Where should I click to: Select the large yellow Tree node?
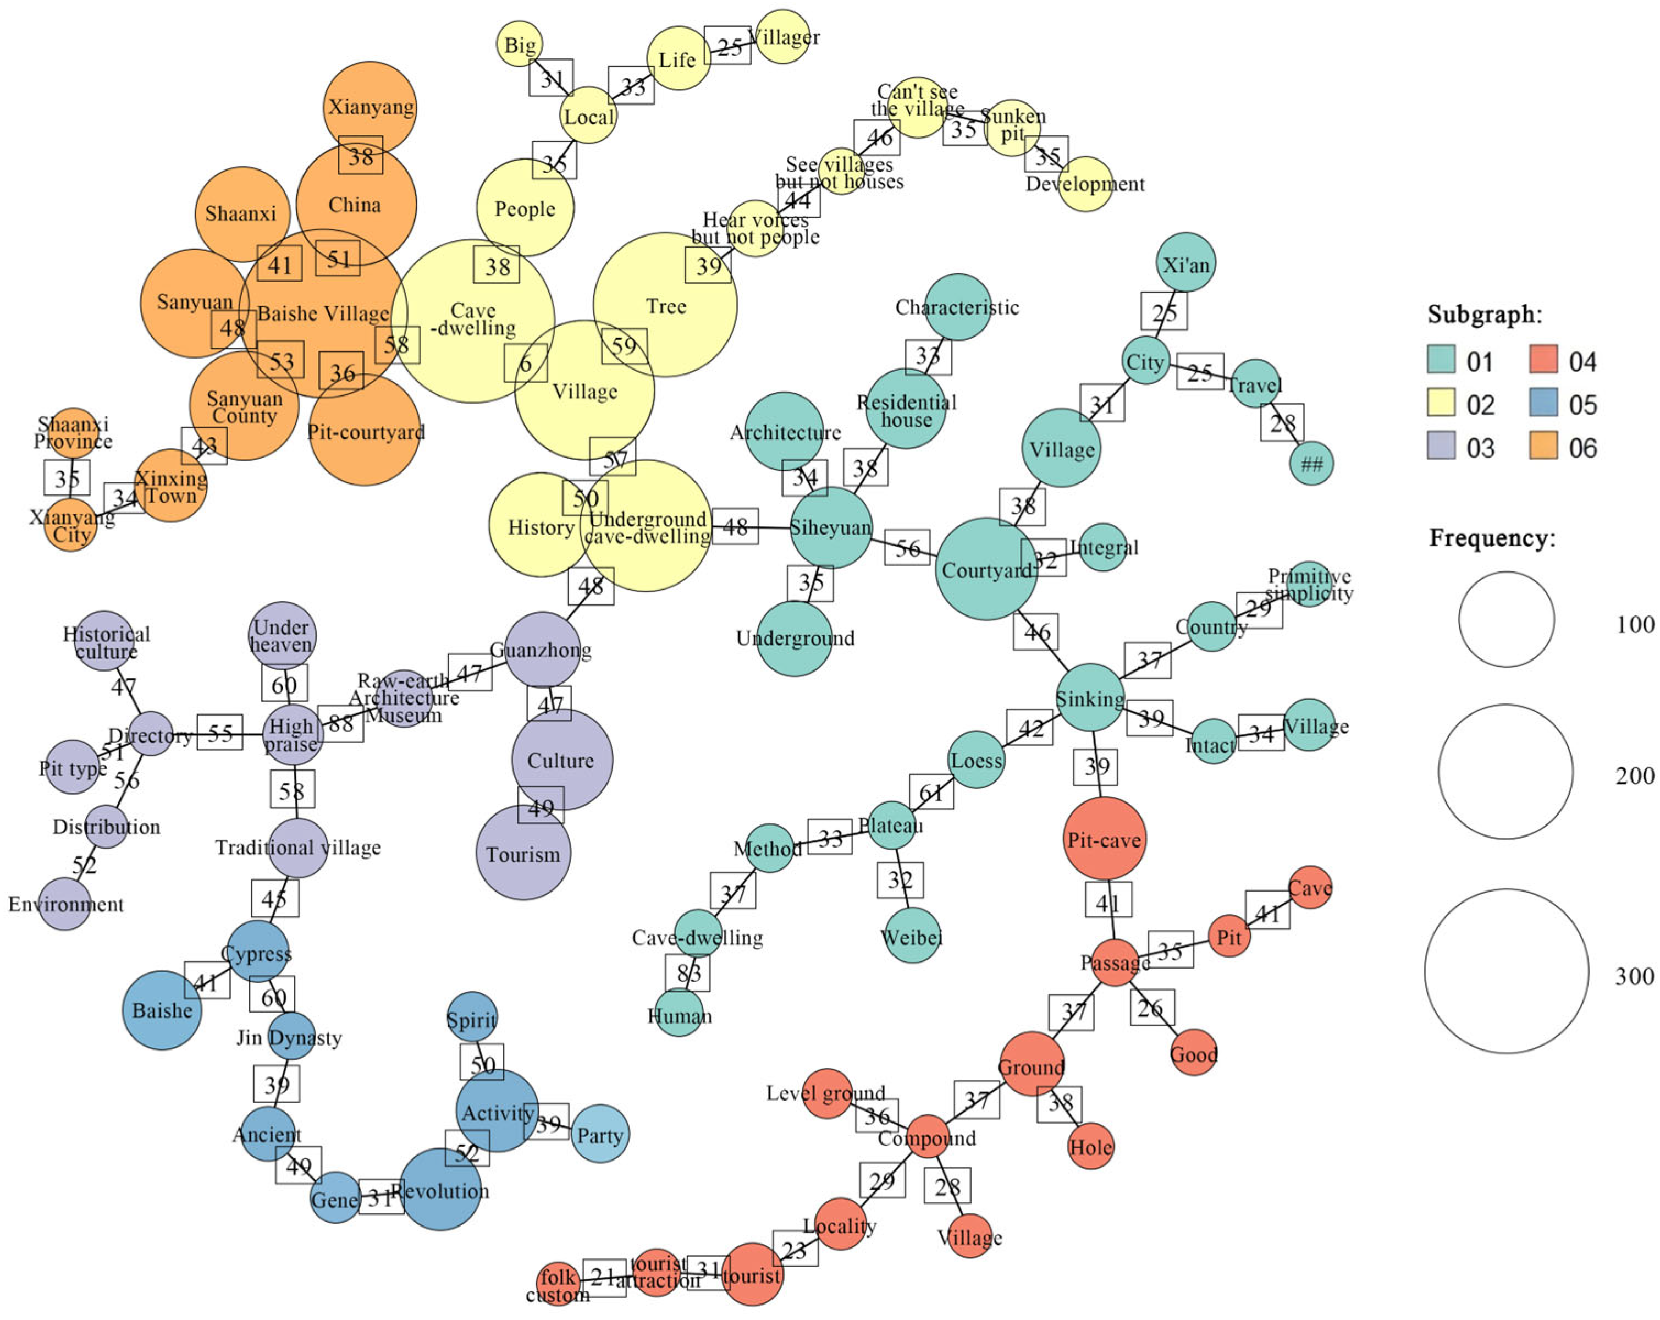(665, 305)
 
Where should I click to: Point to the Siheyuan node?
(831, 527)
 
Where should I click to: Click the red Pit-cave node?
(1104, 839)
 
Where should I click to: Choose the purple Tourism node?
(523, 853)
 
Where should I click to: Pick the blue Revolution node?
(440, 1190)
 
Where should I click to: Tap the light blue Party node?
(600, 1135)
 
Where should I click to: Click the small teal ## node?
(1311, 464)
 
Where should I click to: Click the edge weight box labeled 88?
(340, 723)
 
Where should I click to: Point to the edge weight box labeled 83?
(687, 972)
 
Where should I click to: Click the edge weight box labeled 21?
(604, 1278)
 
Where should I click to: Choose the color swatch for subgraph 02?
(1441, 403)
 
